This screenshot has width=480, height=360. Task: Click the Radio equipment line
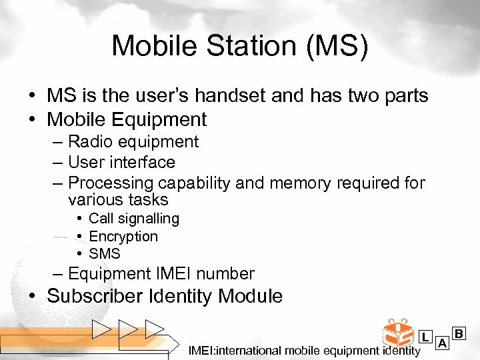click(133, 141)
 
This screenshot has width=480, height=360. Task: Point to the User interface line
click(121, 162)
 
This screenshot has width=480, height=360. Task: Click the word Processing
click(111, 183)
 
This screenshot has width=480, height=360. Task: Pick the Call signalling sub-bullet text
click(133, 219)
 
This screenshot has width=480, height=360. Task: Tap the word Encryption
click(123, 237)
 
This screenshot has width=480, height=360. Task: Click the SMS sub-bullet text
click(105, 254)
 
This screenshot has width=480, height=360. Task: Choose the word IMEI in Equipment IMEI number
click(179, 274)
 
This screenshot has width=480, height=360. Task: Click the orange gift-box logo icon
click(398, 333)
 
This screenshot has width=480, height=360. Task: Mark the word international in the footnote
click(249, 351)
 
